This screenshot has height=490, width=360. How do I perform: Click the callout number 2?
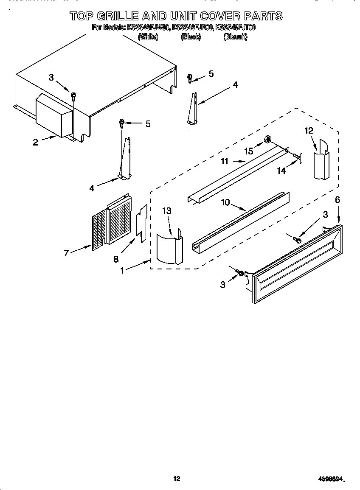35,142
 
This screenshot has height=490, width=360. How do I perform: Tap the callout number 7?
66,253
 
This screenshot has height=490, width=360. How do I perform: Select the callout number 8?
116,259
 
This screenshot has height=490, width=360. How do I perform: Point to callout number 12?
309,131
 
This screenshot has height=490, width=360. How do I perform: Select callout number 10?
225,202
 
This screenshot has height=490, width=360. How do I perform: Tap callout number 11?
225,161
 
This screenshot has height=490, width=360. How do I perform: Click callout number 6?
337,199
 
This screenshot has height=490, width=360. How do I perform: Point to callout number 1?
123,270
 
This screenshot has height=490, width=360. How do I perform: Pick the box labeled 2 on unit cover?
53,117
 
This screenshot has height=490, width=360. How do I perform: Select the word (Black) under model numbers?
191,37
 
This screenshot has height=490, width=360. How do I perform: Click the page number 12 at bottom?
177,479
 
